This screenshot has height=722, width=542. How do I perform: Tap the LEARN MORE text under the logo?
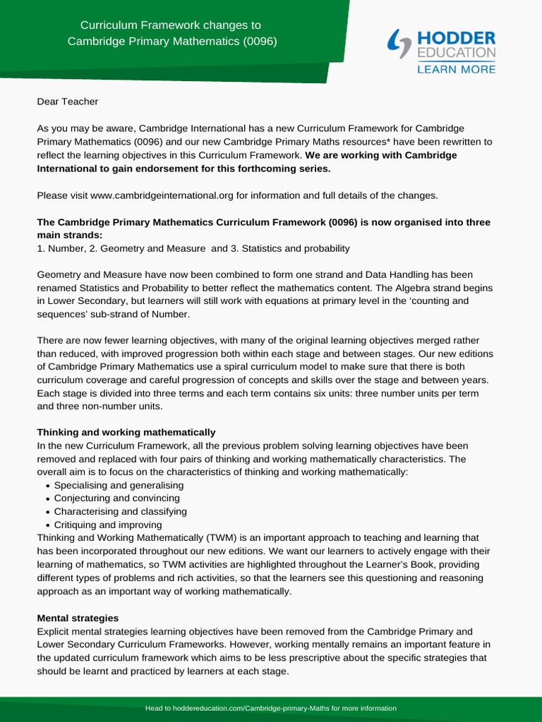click(456, 69)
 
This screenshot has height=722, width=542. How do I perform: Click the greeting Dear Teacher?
click(68, 102)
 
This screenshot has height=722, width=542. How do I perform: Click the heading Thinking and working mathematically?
click(126, 432)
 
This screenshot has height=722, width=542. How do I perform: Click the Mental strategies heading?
click(78, 618)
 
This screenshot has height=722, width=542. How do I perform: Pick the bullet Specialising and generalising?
click(119, 486)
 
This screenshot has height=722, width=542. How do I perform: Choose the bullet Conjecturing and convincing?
click(116, 498)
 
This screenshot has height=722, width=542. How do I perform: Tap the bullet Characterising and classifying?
click(120, 512)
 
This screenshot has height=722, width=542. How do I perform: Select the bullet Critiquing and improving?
click(108, 525)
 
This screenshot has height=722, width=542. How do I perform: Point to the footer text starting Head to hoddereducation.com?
click(271, 708)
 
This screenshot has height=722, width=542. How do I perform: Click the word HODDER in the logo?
click(456, 38)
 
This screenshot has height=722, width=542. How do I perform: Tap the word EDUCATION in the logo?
click(456, 53)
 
